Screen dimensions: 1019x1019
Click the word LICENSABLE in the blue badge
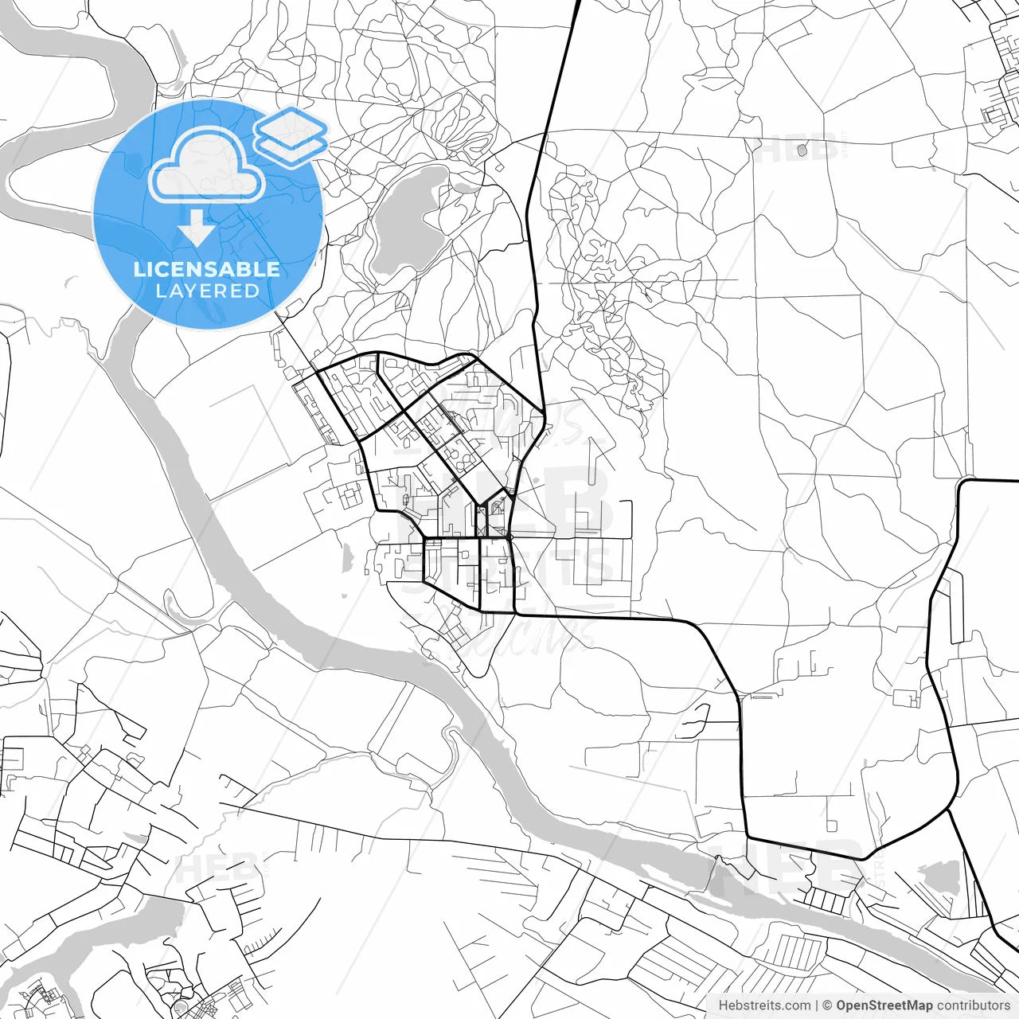pos(207,269)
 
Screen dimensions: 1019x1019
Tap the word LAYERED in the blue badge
pos(207,291)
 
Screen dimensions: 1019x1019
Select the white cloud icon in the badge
pos(207,166)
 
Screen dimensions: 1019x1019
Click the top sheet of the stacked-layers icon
pos(291,124)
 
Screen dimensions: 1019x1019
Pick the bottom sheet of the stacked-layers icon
pos(291,147)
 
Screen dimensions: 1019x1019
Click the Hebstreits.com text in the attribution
pos(764,1005)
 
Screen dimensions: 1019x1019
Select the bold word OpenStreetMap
pos(884,1005)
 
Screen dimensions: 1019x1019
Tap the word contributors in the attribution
pos(973,1005)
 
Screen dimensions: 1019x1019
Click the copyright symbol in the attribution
pos(827,1005)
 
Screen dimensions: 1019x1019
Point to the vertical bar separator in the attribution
pos(817,1005)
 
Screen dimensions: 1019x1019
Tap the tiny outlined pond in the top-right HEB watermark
pos(800,149)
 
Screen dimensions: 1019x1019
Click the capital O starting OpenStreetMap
pos(842,1005)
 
